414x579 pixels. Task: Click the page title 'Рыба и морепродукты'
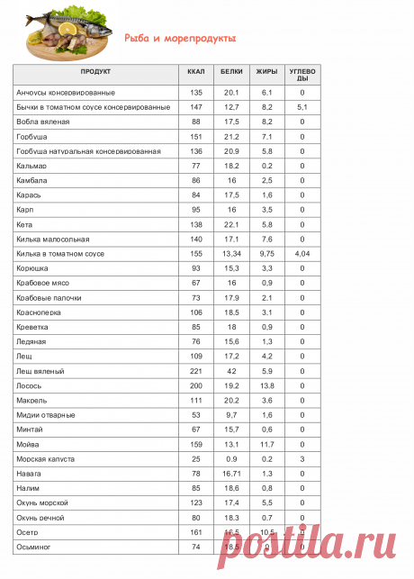(x=180, y=39)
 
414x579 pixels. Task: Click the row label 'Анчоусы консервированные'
(x=66, y=93)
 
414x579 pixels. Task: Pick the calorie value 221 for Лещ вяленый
(x=195, y=370)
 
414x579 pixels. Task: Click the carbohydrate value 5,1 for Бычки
(x=301, y=107)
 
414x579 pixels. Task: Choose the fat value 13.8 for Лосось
(x=266, y=385)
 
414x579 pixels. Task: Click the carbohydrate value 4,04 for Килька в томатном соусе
(x=301, y=254)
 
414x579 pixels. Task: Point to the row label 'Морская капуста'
(x=46, y=458)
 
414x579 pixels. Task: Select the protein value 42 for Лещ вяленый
(x=231, y=370)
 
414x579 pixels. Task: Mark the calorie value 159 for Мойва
(x=195, y=444)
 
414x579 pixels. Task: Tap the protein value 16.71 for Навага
(x=231, y=473)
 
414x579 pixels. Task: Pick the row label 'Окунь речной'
(x=42, y=517)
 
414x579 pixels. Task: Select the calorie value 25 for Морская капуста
(x=195, y=458)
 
